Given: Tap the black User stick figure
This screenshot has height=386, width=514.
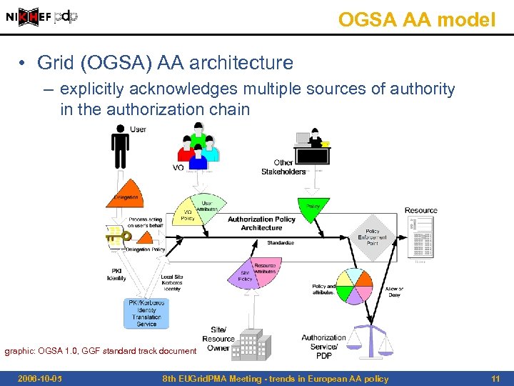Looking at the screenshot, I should (120, 147).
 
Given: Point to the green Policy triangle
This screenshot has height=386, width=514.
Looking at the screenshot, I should (313, 207).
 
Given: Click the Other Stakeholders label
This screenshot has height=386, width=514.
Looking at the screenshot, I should (283, 167).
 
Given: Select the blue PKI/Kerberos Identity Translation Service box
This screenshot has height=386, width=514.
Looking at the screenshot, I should (146, 313).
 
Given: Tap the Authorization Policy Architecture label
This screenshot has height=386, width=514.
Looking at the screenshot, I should (261, 223).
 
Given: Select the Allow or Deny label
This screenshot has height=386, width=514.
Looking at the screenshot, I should (394, 292).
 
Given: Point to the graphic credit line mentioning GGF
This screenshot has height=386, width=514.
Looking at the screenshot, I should (100, 351).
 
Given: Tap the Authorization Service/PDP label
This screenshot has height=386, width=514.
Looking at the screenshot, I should (323, 346).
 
